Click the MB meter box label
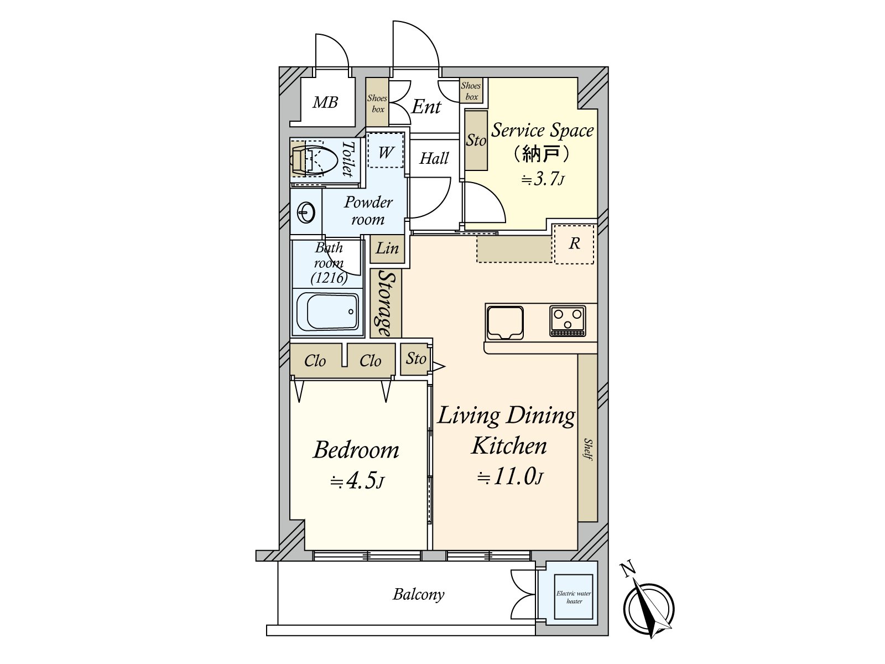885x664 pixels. pyautogui.click(x=325, y=102)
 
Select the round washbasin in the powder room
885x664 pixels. pyautogui.click(x=306, y=212)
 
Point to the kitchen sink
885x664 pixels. pyautogui.click(x=505, y=322)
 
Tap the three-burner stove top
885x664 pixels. pyautogui.click(x=568, y=321)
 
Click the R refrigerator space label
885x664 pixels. pyautogui.click(x=574, y=243)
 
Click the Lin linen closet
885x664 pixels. pyautogui.click(x=387, y=249)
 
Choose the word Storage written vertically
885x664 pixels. pyautogui.click(x=386, y=303)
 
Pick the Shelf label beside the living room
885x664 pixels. pyautogui.click(x=589, y=449)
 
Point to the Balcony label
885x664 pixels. pyautogui.click(x=419, y=594)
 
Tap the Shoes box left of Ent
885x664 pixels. pyautogui.click(x=377, y=103)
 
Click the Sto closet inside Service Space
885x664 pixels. pyautogui.click(x=476, y=140)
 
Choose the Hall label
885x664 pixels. pyautogui.click(x=434, y=158)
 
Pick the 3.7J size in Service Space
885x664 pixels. pyautogui.click(x=542, y=179)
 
